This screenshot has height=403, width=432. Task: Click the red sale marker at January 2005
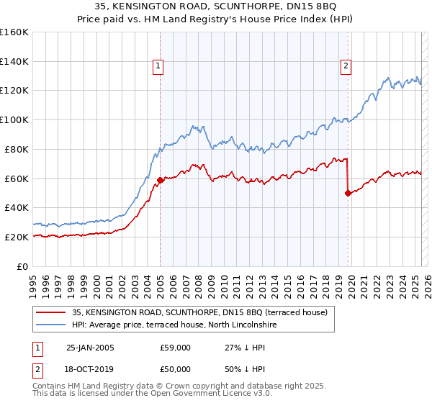pyautogui.click(x=160, y=180)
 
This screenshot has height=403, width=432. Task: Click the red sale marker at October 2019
pyautogui.click(x=348, y=193)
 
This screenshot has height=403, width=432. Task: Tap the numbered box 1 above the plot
pyautogui.click(x=158, y=67)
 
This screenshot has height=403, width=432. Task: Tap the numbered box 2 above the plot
pyautogui.click(x=346, y=67)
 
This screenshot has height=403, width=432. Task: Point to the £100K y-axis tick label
pyautogui.click(x=14, y=119)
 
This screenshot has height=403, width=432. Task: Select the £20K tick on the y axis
pyautogui.click(x=17, y=237)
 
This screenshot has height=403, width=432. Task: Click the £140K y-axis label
pyautogui.click(x=14, y=61)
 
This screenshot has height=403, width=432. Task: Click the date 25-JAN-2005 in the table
pyautogui.click(x=90, y=348)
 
